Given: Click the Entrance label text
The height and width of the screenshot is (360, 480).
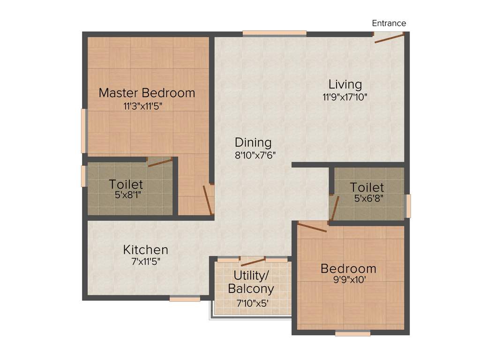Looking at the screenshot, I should pyautogui.click(x=389, y=23).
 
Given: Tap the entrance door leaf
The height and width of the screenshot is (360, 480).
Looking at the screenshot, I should pyautogui.click(x=389, y=38).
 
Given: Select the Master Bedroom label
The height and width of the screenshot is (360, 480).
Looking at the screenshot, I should pyautogui.click(x=147, y=92).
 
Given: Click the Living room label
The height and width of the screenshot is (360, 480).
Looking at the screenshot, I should pyautogui.click(x=345, y=84).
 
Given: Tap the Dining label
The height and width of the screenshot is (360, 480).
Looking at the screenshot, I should pyautogui.click(x=253, y=142).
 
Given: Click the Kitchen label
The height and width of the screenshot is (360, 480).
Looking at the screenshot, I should pyautogui.click(x=145, y=249).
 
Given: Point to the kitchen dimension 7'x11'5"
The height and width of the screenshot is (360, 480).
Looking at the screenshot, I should pyautogui.click(x=146, y=262).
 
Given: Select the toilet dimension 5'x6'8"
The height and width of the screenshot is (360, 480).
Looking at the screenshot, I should pyautogui.click(x=369, y=198).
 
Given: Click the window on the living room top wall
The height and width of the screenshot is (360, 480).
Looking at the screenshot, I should pyautogui.click(x=274, y=33).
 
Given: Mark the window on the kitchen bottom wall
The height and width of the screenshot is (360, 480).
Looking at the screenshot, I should pyautogui.click(x=185, y=299).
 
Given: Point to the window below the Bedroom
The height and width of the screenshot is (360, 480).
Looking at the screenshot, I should pyautogui.click(x=352, y=333).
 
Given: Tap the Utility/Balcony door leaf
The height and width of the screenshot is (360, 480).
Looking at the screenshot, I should pyautogui.click(x=253, y=262).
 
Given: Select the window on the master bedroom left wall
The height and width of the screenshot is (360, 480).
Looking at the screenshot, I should pyautogui.click(x=84, y=131).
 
